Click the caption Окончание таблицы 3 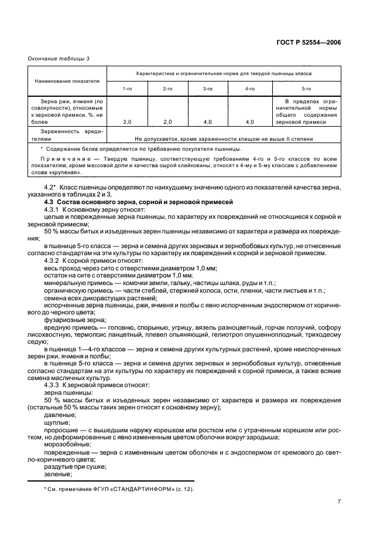pos(59,57)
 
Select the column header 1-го pos(126,89)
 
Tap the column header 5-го pos(306,89)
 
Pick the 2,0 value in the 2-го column pos(167,122)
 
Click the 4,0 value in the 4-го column pos(249,122)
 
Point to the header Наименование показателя pos(67,80)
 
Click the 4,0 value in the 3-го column pos(208,122)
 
